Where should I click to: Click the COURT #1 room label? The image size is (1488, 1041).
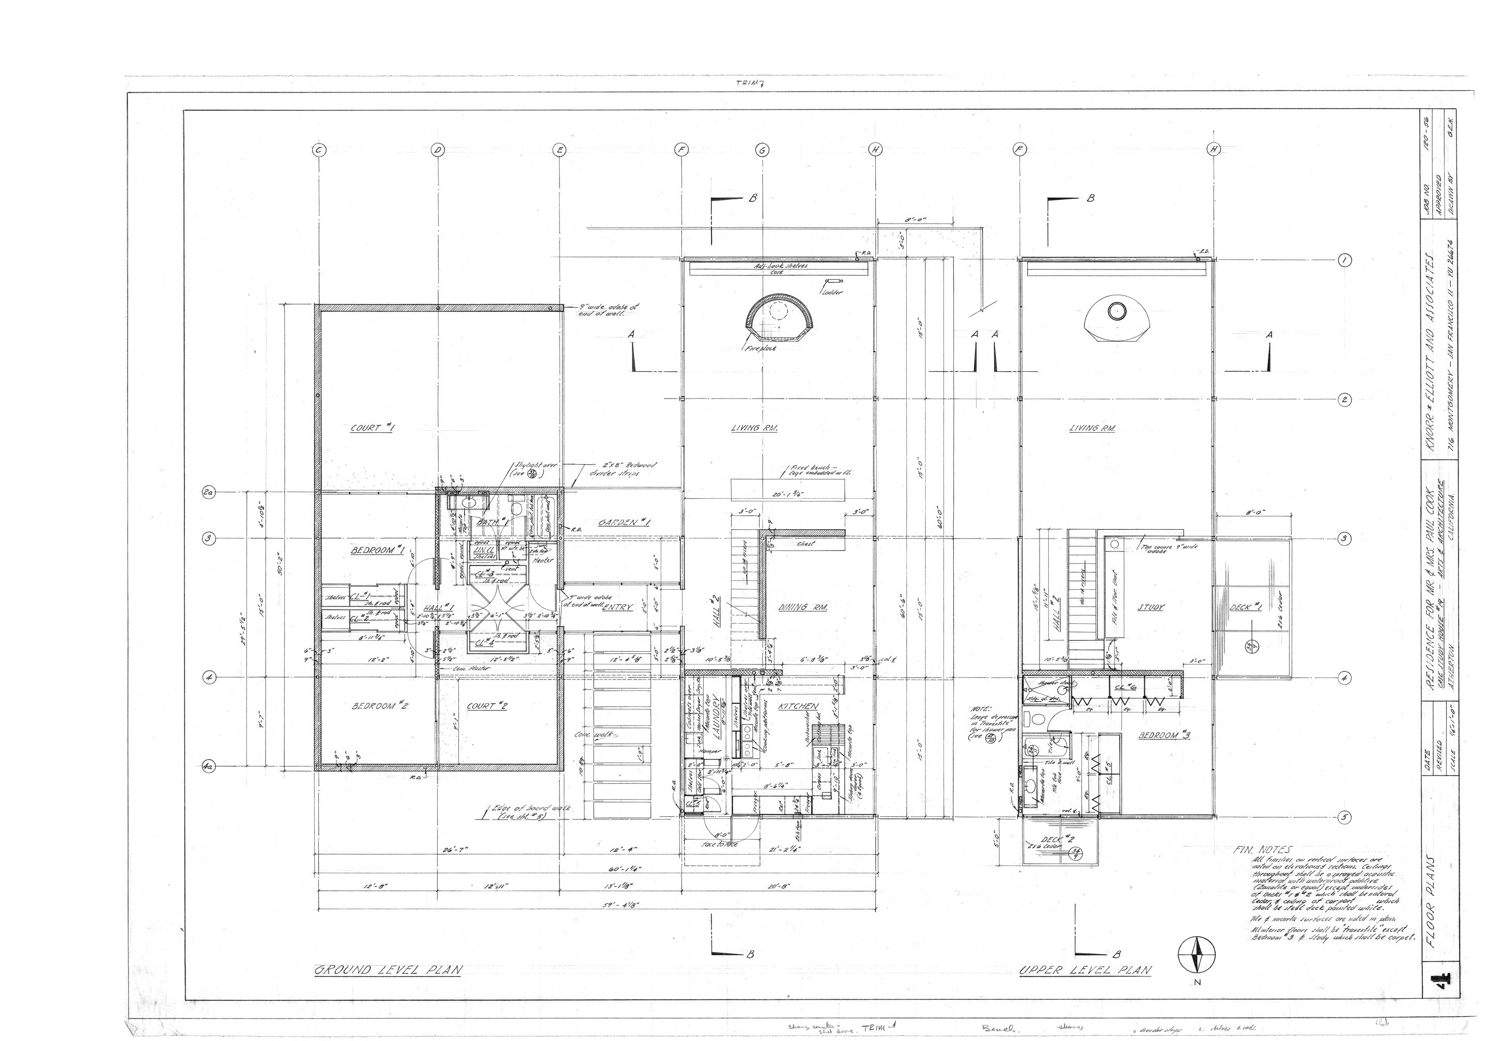[x=373, y=428]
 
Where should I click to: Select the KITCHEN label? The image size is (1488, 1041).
[x=798, y=706]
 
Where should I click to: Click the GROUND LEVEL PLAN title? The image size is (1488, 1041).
[x=388, y=970]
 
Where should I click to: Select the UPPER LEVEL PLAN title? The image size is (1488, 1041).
[x=1086, y=970]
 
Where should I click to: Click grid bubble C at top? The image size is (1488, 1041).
[x=319, y=150]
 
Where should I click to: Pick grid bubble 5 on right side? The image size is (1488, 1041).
[x=1344, y=817]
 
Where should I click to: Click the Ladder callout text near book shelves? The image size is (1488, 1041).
[x=832, y=293]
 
